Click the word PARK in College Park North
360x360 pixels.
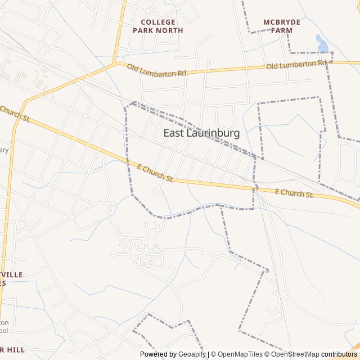pyautogui.click(x=143, y=30)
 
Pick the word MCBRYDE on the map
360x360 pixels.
pyautogui.click(x=282, y=22)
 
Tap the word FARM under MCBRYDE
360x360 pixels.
pyautogui.click(x=282, y=30)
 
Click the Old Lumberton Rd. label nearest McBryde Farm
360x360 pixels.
pyautogui.click(x=296, y=65)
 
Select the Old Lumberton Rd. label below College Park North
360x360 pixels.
pyautogui.click(x=157, y=70)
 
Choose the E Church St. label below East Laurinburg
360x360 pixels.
pyautogui.click(x=155, y=173)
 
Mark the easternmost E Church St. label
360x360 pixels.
pyautogui.click(x=294, y=193)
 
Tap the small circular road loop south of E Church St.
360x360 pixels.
pyautogui.click(x=157, y=192)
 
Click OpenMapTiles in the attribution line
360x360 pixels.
pyautogui.click(x=240, y=354)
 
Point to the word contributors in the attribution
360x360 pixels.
pyautogui.click(x=339, y=354)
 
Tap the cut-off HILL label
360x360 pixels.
pyautogui.click(x=13, y=349)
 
